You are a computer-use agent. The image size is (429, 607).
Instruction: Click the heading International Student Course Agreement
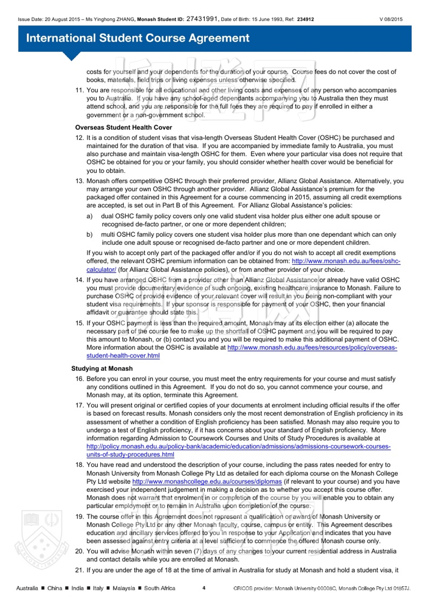pyautogui.click(x=138, y=38)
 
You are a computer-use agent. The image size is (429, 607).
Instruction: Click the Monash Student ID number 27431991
pyautogui.click(x=202, y=19)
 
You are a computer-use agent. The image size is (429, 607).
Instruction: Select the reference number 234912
pyautogui.click(x=305, y=19)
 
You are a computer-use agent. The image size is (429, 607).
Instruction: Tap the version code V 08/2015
pyautogui.click(x=391, y=19)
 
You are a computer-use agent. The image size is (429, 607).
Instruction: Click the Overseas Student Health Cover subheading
pyautogui.click(x=123, y=127)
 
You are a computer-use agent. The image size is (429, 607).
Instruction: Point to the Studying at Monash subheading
pyautogui.click(x=102, y=368)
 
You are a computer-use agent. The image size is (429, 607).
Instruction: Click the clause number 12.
pyautogui.click(x=79, y=138)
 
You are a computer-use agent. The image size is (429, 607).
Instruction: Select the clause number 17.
pyautogui.click(x=79, y=405)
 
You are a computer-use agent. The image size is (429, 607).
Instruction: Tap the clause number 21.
pyautogui.click(x=79, y=570)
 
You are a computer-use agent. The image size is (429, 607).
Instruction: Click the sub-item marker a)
pyautogui.click(x=89, y=216)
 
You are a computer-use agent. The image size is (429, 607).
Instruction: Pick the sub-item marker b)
pyautogui.click(x=89, y=235)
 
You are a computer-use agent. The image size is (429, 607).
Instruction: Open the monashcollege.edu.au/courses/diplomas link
pyautogui.click(x=207, y=481)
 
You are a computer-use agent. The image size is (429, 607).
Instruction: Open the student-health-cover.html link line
pyautogui.click(x=123, y=356)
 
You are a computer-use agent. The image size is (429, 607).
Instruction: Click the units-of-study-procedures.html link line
pyautogui.click(x=130, y=454)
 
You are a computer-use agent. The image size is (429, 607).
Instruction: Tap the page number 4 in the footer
pyautogui.click(x=204, y=588)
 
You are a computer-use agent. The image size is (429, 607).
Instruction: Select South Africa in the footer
pyautogui.click(x=160, y=588)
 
